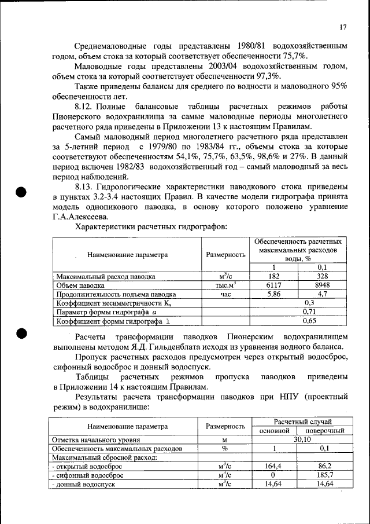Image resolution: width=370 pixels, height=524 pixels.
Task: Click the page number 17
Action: tap(343, 27)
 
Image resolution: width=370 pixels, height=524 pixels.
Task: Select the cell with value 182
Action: tap(273, 276)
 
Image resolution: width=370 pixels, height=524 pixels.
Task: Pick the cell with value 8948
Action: tap(323, 285)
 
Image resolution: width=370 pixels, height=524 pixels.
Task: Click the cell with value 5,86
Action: tap(273, 294)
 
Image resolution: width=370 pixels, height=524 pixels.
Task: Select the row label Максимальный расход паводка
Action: tap(105, 277)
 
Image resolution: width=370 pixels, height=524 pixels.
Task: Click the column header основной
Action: tap(273, 431)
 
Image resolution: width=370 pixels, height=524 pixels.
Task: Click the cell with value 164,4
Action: tap(273, 466)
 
